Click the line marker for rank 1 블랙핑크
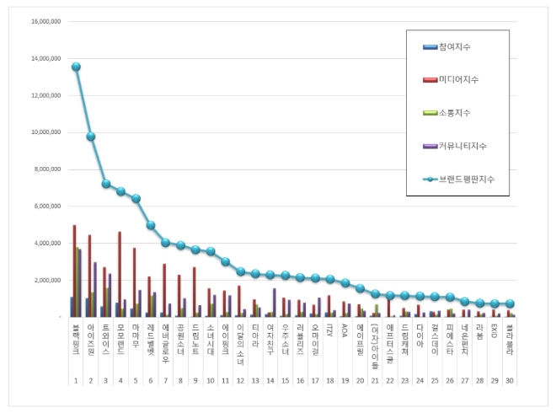click(76, 67)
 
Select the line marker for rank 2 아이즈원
click(91, 137)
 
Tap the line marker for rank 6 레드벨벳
click(151, 225)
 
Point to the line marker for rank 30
click(511, 303)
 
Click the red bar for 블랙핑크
click(75, 271)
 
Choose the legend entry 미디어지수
click(460, 79)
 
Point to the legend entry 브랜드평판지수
click(465, 179)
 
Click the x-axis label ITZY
click(330, 335)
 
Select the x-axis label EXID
click(495, 335)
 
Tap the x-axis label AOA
click(345, 335)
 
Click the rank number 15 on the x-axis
click(286, 382)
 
